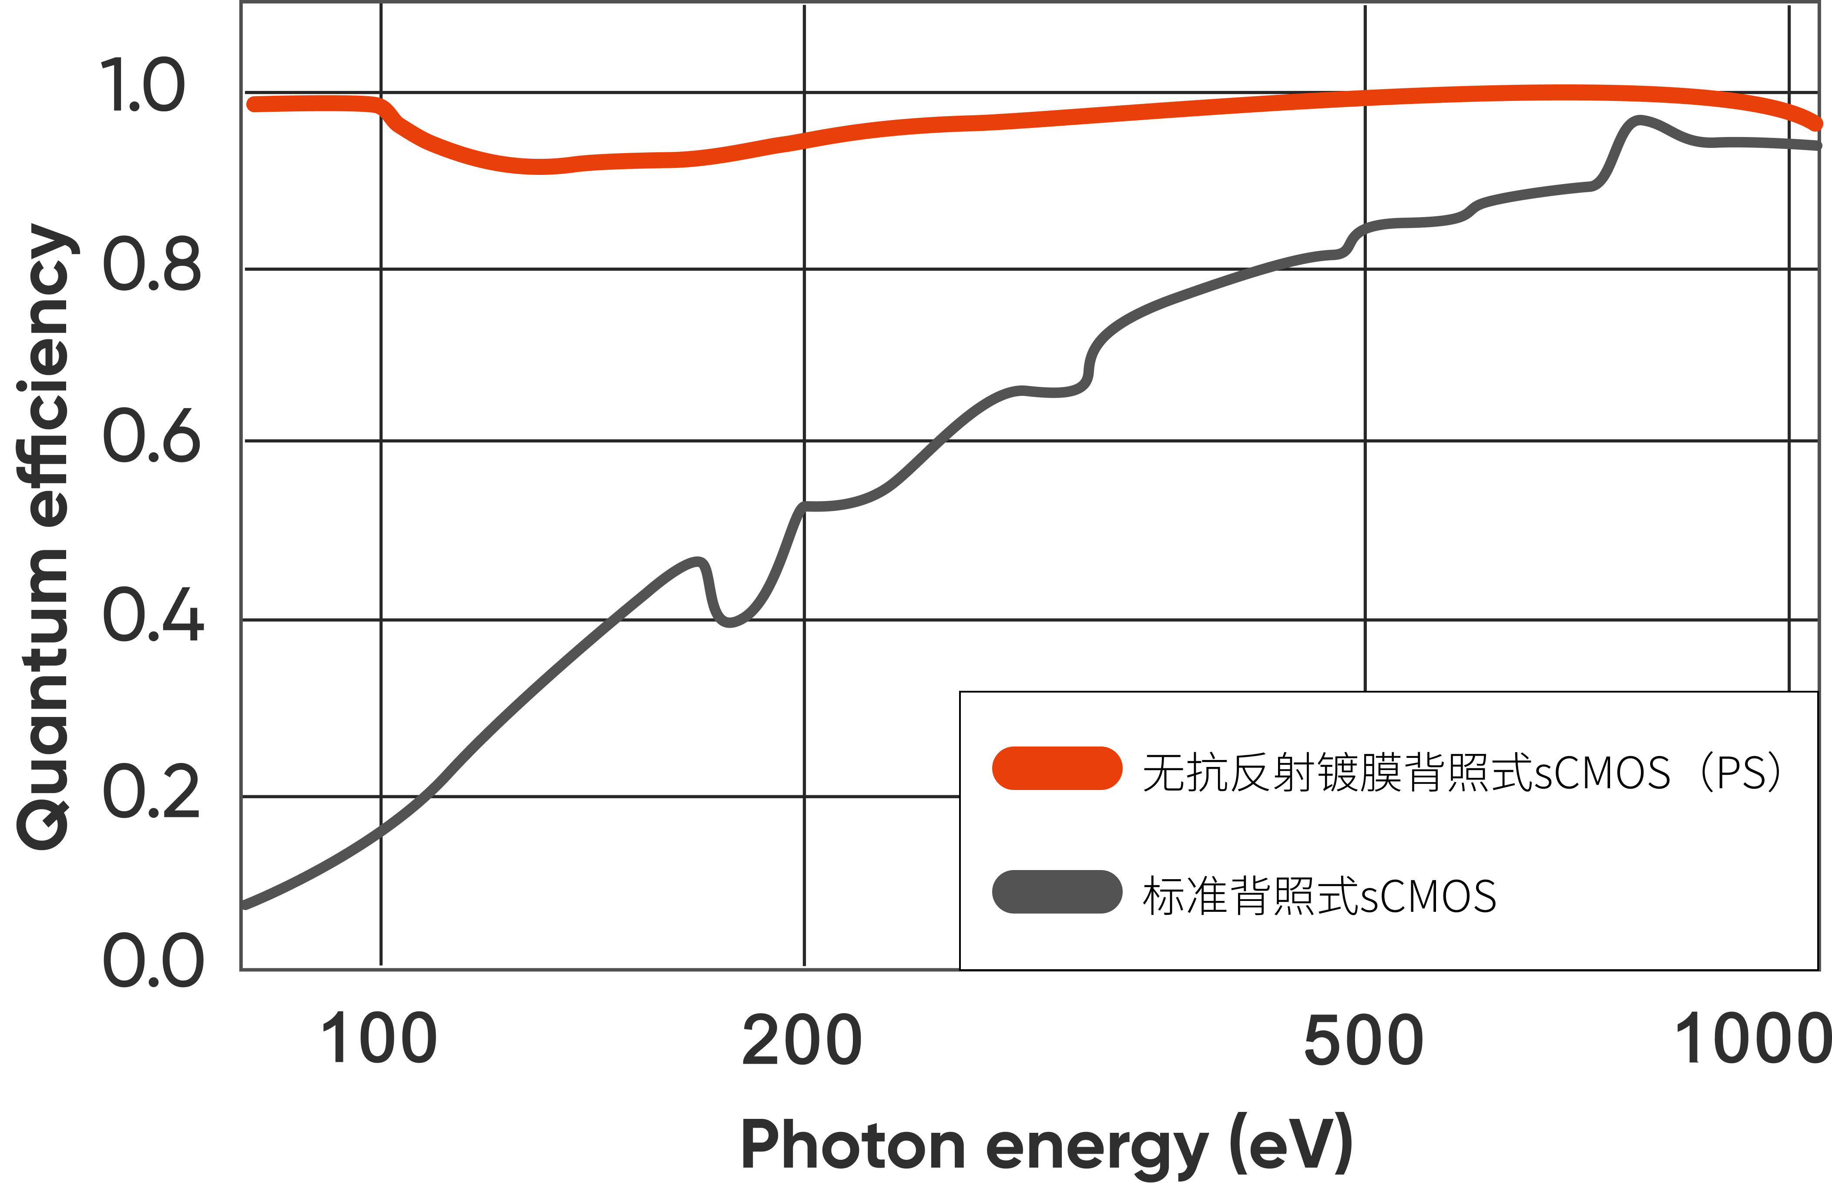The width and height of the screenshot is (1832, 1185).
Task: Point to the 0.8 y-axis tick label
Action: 151,264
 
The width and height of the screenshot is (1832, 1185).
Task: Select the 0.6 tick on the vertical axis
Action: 151,436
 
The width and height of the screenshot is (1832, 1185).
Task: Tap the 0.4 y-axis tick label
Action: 153,614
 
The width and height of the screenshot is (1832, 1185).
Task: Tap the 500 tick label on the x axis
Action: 1363,1040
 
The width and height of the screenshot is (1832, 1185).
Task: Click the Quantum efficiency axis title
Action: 45,537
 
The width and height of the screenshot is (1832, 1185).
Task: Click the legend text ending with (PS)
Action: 1463,772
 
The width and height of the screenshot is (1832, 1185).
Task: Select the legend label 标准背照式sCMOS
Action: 1319,896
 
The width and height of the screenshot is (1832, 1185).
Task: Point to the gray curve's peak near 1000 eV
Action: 1638,121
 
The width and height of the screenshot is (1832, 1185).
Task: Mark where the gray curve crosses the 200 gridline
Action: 805,506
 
